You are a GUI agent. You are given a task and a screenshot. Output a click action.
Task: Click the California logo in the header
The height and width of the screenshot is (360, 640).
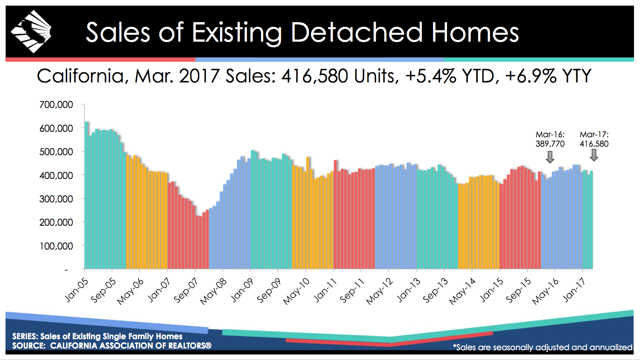coord(31,32)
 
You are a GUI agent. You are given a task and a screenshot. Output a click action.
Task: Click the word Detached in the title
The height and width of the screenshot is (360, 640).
coord(357,32)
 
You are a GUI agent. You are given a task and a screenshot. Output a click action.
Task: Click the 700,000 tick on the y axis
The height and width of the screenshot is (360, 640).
coord(56,105)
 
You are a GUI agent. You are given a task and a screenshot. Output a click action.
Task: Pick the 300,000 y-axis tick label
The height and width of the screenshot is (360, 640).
coord(56,199)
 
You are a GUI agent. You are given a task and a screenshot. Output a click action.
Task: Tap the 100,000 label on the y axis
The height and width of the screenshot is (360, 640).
coord(56,246)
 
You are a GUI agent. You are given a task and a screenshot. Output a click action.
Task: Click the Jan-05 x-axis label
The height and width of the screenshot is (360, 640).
coord(77,290)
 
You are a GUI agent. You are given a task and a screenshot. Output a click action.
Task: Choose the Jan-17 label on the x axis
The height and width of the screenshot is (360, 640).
coord(574,290)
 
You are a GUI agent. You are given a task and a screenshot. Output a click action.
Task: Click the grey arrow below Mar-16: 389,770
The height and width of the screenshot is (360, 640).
coord(550,157)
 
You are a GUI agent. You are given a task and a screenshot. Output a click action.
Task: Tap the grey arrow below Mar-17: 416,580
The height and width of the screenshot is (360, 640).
coord(594,155)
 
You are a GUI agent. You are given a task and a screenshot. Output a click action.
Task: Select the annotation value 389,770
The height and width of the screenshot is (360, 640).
coord(550,144)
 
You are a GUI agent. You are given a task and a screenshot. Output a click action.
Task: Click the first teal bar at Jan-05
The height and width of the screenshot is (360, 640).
coord(86,196)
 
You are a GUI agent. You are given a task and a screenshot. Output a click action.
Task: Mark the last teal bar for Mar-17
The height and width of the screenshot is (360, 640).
coord(591,220)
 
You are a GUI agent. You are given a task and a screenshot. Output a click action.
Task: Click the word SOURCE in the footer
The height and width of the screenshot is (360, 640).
coord(28,346)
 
